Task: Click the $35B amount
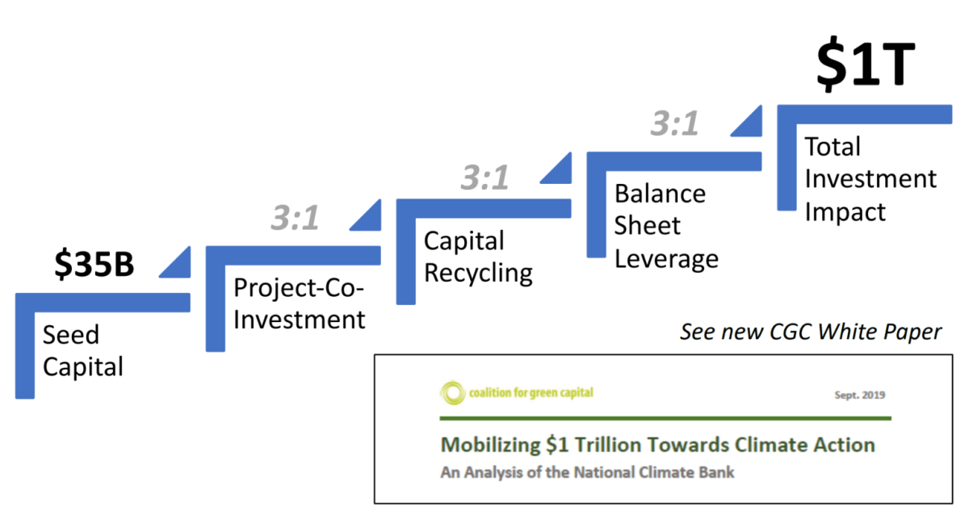click(x=94, y=264)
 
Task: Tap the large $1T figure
click(x=866, y=64)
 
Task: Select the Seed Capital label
click(x=83, y=351)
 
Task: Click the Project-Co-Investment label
click(x=299, y=303)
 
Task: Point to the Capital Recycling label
click(x=478, y=257)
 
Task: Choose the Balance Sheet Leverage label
click(x=666, y=226)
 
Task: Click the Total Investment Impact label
click(x=870, y=178)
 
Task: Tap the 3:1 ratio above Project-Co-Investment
click(x=295, y=217)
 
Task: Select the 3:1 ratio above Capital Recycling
click(x=485, y=178)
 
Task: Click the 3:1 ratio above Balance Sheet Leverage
click(x=675, y=123)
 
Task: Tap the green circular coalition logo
click(x=452, y=393)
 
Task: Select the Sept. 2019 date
click(x=859, y=395)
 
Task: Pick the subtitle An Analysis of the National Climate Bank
click(x=588, y=472)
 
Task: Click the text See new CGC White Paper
click(x=811, y=332)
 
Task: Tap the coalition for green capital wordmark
click(x=531, y=393)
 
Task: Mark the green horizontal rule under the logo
click(x=665, y=418)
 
